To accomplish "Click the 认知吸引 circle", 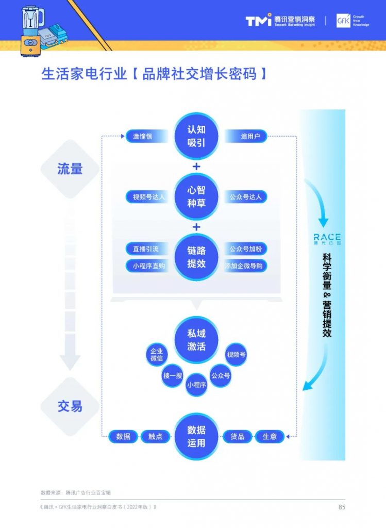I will (x=196, y=136).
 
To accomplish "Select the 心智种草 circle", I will (x=196, y=197).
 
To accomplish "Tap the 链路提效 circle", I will (x=196, y=257).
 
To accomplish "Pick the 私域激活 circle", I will (x=196, y=340).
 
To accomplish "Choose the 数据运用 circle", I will (x=196, y=436).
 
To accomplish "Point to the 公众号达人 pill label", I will (x=245, y=197).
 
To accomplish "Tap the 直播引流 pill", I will (x=146, y=249).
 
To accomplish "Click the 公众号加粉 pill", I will (x=246, y=249).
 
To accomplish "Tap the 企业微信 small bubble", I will (x=156, y=354).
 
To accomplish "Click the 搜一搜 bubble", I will (x=173, y=376).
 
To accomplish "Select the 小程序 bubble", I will (x=196, y=385).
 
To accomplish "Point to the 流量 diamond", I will (x=70, y=169).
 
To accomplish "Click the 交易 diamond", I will (x=70, y=406).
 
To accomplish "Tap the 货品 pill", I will (x=237, y=436).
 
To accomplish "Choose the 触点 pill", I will (x=155, y=436).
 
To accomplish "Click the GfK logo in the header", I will (x=343, y=21).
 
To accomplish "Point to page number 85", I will (x=342, y=507).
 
